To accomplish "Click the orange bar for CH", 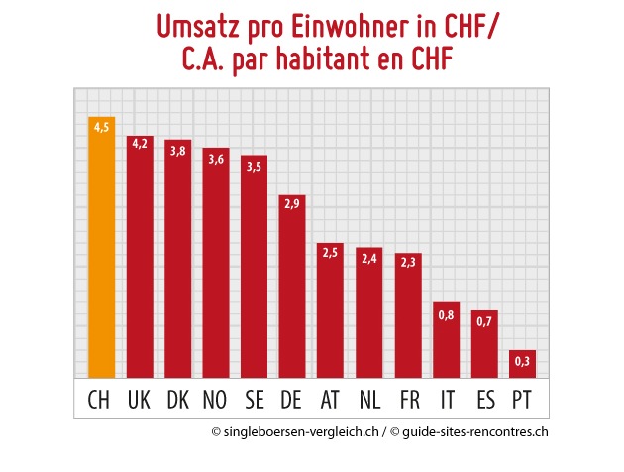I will [101, 248].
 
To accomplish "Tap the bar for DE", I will [292, 287].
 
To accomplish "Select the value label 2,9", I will [292, 205].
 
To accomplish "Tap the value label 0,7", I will [483, 320].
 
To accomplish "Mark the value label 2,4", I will [368, 258].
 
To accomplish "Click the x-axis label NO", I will [216, 401].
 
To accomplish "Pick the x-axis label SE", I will [254, 401].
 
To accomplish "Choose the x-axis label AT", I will [330, 401].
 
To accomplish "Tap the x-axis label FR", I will [407, 401].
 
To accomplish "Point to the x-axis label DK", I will [177, 401].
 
